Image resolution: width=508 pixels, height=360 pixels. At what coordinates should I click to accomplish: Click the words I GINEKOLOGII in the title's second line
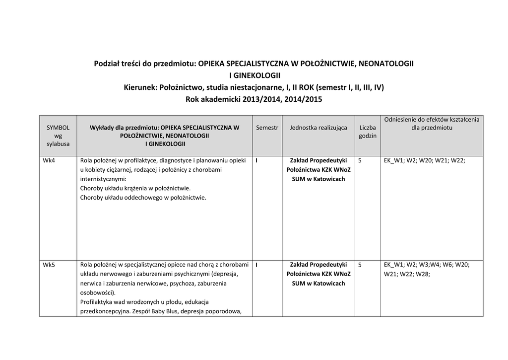point(254,76)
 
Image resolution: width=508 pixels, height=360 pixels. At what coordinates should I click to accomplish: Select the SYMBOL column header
point(58,128)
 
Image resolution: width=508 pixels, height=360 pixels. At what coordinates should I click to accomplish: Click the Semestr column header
point(267,128)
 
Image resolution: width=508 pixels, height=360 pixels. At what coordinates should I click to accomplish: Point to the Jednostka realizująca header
point(318,128)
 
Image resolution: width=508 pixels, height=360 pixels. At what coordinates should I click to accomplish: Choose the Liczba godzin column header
point(368,132)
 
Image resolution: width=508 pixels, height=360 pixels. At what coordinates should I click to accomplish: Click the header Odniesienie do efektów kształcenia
point(432,120)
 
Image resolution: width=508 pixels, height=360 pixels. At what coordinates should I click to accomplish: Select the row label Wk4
point(49,161)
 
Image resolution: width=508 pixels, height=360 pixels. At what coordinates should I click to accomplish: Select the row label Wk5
point(49,265)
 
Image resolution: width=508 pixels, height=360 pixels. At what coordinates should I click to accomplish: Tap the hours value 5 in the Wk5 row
point(360,265)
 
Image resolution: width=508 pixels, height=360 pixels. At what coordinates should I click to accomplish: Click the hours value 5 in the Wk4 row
point(360,161)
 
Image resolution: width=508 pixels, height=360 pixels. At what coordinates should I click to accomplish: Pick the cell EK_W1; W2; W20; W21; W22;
point(425,161)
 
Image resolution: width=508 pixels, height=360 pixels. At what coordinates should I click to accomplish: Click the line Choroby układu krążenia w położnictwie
point(135,188)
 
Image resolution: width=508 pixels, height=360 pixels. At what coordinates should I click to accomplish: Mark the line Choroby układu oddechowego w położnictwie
point(143,197)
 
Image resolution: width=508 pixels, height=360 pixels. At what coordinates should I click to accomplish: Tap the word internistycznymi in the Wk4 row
point(103,179)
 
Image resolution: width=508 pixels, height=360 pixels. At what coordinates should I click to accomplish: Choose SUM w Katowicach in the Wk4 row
point(318,179)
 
